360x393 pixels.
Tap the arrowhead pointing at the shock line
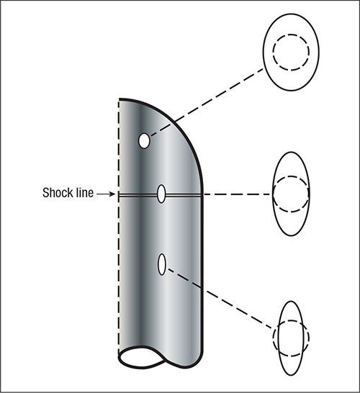point(112,194)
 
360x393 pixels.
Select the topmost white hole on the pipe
point(144,141)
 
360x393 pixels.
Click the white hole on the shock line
point(161,194)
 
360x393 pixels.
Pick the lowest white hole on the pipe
point(162,264)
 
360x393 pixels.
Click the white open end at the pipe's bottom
point(142,357)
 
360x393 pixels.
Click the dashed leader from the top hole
point(207,103)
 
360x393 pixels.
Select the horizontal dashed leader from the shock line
point(238,194)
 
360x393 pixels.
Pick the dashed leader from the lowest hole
point(220,298)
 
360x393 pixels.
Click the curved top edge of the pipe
point(175,122)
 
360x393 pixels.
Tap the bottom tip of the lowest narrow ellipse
point(291,376)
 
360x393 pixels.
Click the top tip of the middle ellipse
point(291,152)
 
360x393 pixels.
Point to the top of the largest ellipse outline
point(291,14)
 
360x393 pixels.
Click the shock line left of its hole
point(138,194)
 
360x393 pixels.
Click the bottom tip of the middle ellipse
point(291,235)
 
